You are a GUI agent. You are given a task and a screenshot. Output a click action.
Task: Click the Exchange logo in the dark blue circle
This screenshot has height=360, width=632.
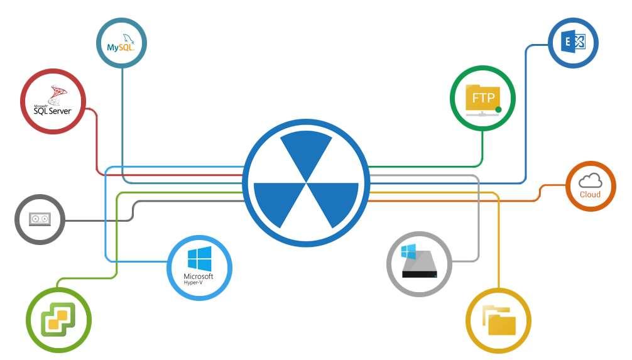572,43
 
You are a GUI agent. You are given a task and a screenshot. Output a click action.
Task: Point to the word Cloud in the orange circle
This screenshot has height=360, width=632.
590,195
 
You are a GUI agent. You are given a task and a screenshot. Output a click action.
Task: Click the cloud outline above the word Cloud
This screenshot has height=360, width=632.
590,181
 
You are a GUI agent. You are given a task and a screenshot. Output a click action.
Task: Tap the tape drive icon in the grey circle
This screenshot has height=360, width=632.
40,219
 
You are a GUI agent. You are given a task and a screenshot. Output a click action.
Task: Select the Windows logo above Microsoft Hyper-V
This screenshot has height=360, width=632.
199,259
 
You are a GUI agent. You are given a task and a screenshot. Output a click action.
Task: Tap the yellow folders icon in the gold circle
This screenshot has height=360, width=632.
499,320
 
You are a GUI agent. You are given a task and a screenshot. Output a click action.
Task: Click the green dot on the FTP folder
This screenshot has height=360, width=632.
498,110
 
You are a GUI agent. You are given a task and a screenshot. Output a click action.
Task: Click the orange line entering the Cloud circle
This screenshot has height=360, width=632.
553,186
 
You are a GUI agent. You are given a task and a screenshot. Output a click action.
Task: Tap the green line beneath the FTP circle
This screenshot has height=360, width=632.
482,148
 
